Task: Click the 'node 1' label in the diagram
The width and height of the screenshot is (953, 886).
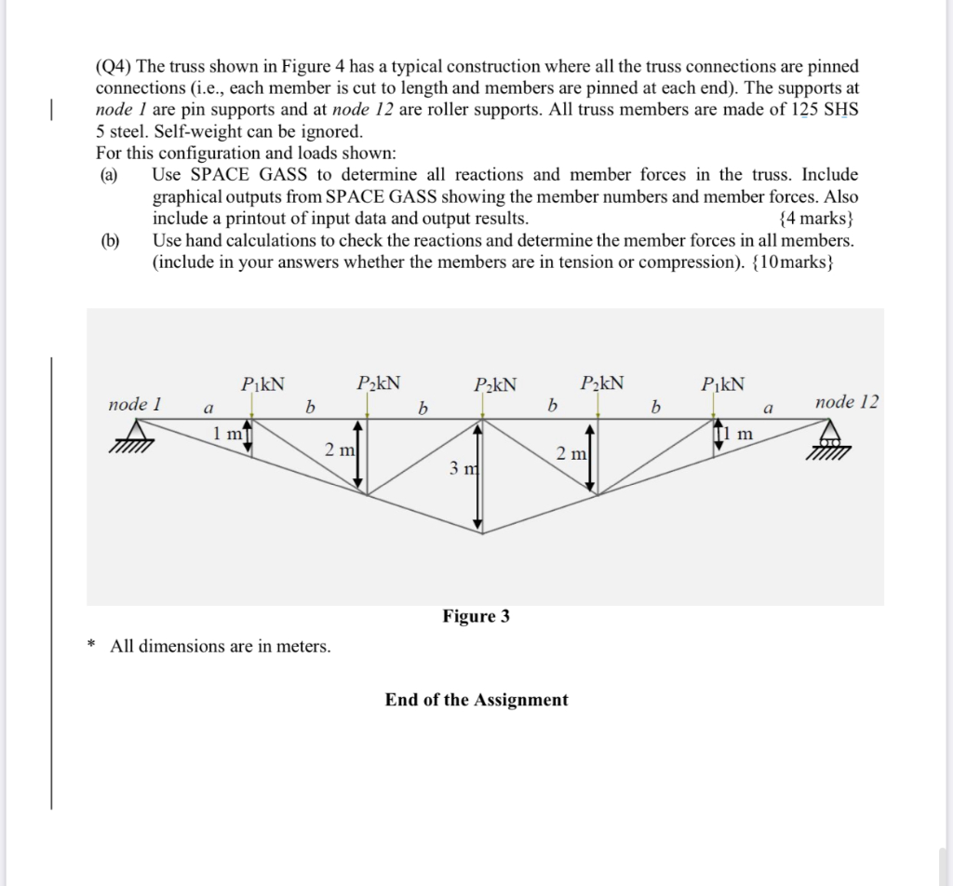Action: click(135, 404)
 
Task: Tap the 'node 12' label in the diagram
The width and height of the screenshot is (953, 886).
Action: click(846, 402)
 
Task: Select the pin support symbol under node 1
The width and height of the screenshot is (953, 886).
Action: click(137, 435)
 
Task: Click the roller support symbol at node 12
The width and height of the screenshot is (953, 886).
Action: click(828, 433)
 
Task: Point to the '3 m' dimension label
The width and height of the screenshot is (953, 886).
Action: click(463, 468)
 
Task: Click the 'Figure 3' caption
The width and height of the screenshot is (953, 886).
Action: click(476, 616)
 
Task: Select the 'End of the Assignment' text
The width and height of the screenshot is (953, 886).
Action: click(476, 700)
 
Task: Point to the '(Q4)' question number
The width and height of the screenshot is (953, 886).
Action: click(114, 67)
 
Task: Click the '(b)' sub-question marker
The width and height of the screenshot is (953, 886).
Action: click(112, 240)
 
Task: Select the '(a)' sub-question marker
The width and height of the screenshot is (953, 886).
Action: click(112, 175)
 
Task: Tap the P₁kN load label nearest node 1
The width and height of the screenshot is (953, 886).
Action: click(262, 383)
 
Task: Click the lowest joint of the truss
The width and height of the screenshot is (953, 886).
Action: click(479, 534)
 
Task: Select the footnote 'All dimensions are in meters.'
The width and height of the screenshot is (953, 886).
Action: click(220, 646)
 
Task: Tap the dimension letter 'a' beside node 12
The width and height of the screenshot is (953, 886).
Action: click(768, 408)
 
